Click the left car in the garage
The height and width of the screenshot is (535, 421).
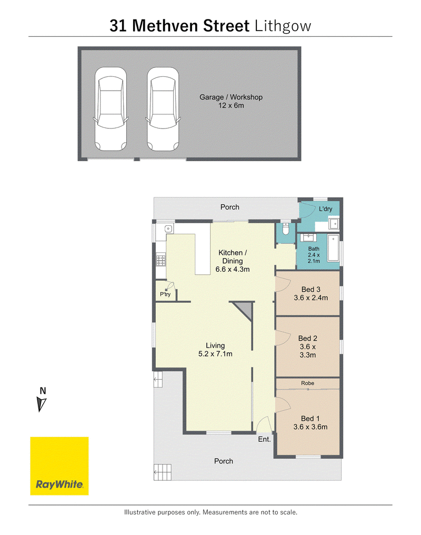tap(111, 109)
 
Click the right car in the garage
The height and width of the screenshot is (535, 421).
tap(163, 109)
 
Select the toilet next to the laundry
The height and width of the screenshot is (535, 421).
tap(286, 230)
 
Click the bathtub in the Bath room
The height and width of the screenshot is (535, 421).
tap(334, 247)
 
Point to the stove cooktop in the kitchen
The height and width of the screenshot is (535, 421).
tap(161, 260)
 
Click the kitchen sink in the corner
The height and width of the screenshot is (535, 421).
tap(168, 229)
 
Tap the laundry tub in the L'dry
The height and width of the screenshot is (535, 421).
tap(334, 224)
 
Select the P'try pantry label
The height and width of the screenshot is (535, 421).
tap(165, 294)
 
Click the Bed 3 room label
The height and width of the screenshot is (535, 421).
tap(311, 289)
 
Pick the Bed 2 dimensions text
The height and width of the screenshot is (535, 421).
tap(308, 351)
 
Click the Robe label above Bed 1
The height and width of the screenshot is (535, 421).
tap(307, 383)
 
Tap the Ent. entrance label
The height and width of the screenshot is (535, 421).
tap(264, 439)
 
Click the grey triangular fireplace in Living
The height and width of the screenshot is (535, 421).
tap(245, 309)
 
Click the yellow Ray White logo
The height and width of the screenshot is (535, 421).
tap(59, 465)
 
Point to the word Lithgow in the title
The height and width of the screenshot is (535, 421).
tap(283, 26)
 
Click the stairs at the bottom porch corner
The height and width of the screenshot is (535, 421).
tap(162, 472)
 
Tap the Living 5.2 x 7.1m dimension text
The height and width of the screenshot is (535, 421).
tap(215, 354)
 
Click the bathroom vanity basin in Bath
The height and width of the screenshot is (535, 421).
tap(309, 237)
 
